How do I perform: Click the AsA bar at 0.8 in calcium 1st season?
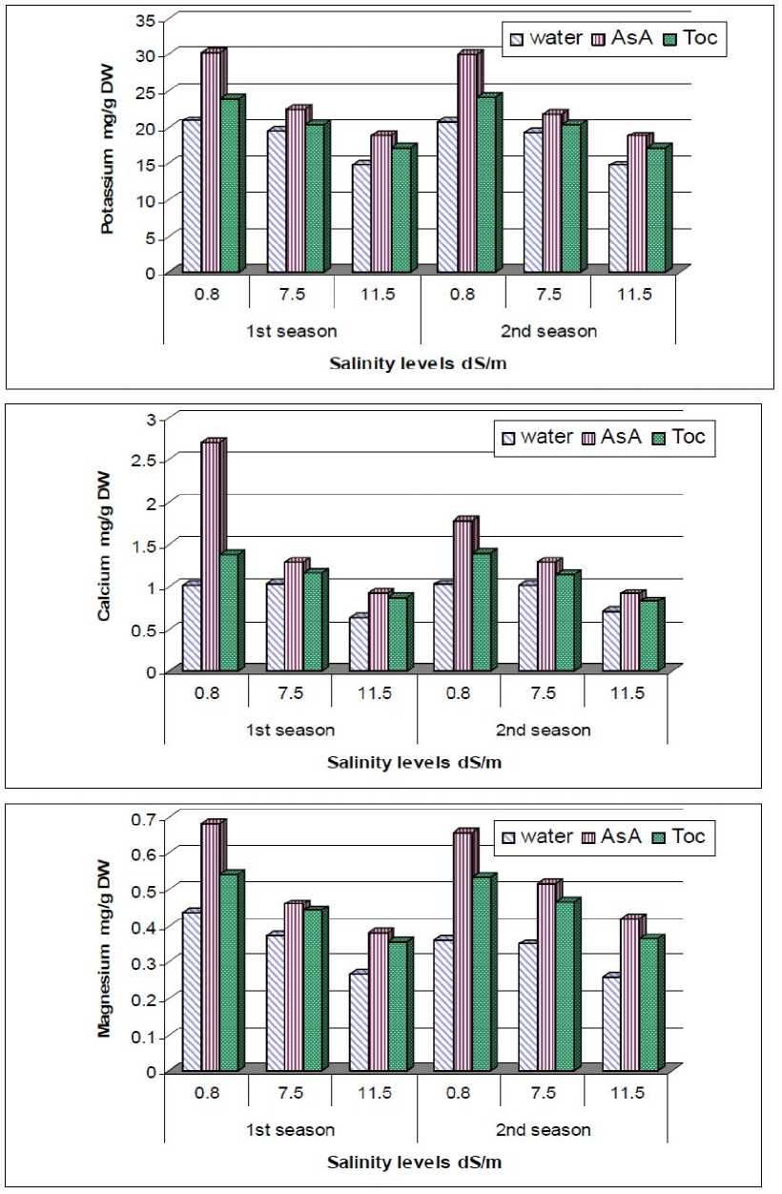[x=210, y=557]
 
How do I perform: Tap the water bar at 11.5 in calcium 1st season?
[x=359, y=645]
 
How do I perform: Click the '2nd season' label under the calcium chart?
[x=546, y=731]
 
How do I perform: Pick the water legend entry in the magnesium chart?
[x=540, y=836]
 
